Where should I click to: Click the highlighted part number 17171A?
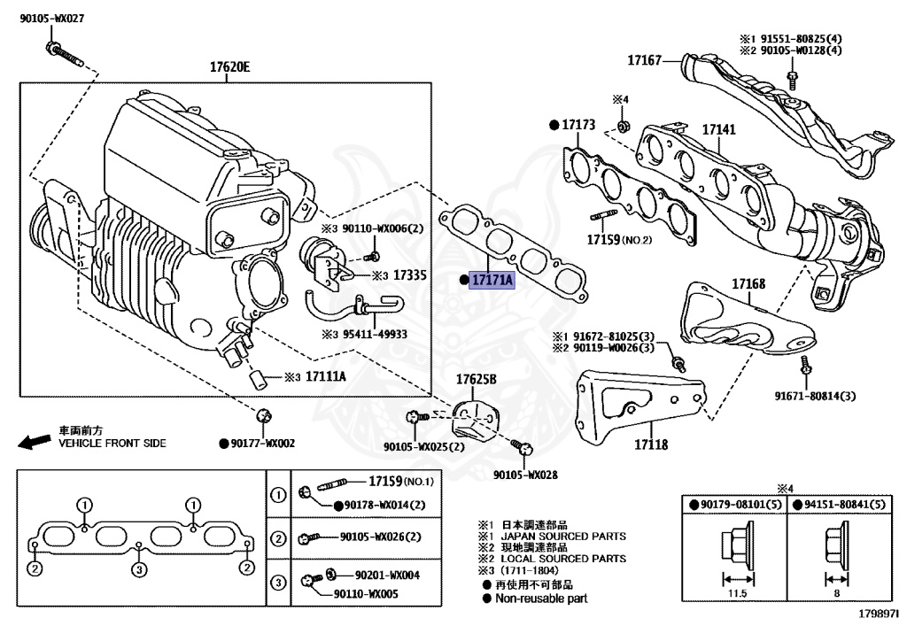[492, 280]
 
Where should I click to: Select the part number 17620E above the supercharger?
[229, 67]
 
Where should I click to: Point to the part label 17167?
[645, 60]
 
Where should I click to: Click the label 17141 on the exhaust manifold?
[719, 130]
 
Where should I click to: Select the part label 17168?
[748, 284]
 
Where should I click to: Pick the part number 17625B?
[477, 380]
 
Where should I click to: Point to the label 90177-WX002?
[263, 443]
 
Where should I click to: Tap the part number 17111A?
[326, 376]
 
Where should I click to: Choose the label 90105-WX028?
[526, 475]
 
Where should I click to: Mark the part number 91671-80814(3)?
[815, 395]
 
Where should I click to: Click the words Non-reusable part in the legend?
[540, 599]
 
